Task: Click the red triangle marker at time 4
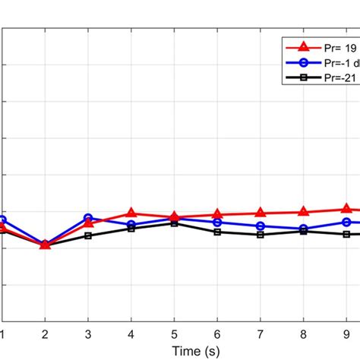tap(131, 214)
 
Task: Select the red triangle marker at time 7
tap(261, 213)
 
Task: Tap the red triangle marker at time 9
tap(346, 208)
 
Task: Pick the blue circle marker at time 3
tap(88, 218)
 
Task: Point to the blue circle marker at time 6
tap(217, 223)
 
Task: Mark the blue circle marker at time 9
tap(346, 222)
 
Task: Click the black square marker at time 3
tap(88, 235)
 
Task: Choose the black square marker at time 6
tap(217, 232)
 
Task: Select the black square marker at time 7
tap(261, 235)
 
